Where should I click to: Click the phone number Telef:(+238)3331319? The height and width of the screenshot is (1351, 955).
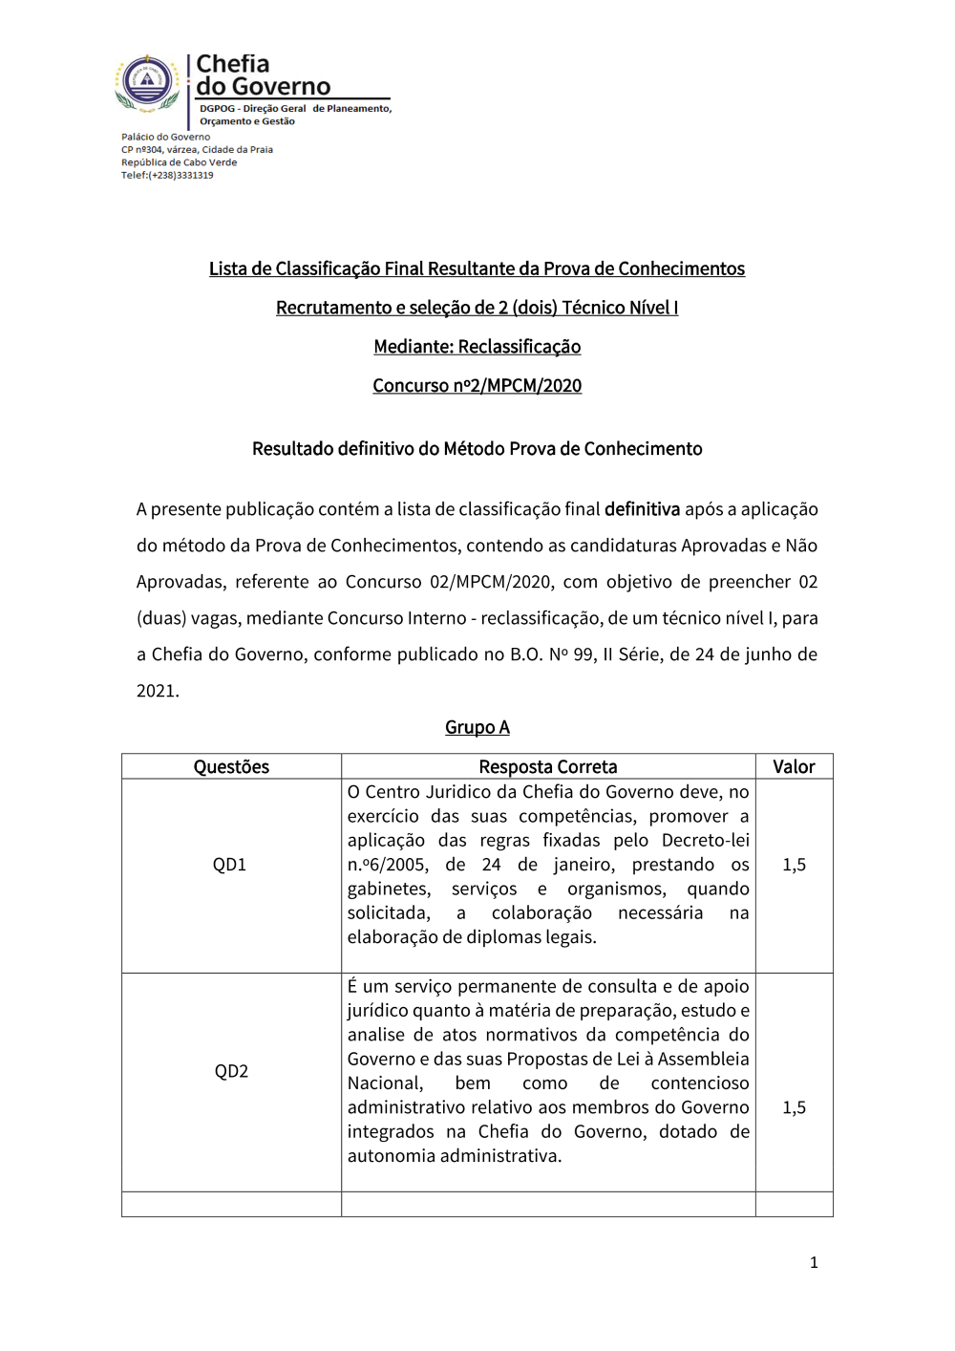[167, 176]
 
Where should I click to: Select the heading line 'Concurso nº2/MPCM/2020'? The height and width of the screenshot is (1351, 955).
[477, 386]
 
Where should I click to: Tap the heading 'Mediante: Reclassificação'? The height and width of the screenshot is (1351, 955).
[477, 347]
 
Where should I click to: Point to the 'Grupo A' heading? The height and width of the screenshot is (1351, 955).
[477, 728]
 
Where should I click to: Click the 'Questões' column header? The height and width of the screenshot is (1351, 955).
[231, 767]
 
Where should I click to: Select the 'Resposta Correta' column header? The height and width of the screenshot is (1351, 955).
[548, 767]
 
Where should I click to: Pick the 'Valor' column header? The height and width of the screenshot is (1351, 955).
[794, 767]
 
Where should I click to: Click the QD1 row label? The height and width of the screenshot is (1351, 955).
[229, 865]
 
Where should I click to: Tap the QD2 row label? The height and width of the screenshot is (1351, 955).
[231, 1071]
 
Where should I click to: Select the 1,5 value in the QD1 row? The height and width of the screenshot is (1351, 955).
[794, 865]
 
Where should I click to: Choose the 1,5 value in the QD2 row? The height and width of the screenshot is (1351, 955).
[794, 1107]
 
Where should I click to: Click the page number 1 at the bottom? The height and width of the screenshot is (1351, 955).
[814, 1263]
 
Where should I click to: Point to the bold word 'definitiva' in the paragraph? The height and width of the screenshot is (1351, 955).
[642, 509]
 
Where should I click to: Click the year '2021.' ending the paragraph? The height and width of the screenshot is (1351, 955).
[158, 691]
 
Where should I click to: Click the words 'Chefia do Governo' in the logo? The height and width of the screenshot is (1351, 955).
[263, 75]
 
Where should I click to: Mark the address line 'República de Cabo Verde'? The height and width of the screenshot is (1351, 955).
[179, 162]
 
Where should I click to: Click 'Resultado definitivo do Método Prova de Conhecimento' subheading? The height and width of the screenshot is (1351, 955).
[477, 449]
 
